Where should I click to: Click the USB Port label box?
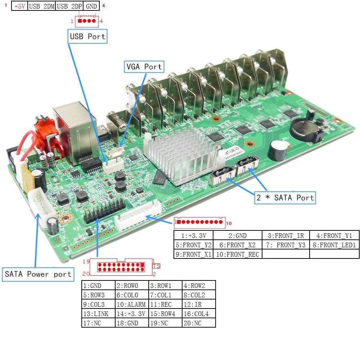point(87,36)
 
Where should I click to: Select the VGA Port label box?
point(144,67)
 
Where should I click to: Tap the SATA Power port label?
point(38,274)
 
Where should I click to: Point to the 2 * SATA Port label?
point(285,197)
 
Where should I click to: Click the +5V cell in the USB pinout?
point(19,6)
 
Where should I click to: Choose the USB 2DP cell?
point(69,6)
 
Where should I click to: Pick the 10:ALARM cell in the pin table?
point(131,304)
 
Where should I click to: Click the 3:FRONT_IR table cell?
point(286,236)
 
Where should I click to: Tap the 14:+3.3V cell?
point(131,314)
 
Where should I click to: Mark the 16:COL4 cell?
point(199,314)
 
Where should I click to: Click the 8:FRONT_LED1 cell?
point(334,245)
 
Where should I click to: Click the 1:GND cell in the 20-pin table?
point(98,286)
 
